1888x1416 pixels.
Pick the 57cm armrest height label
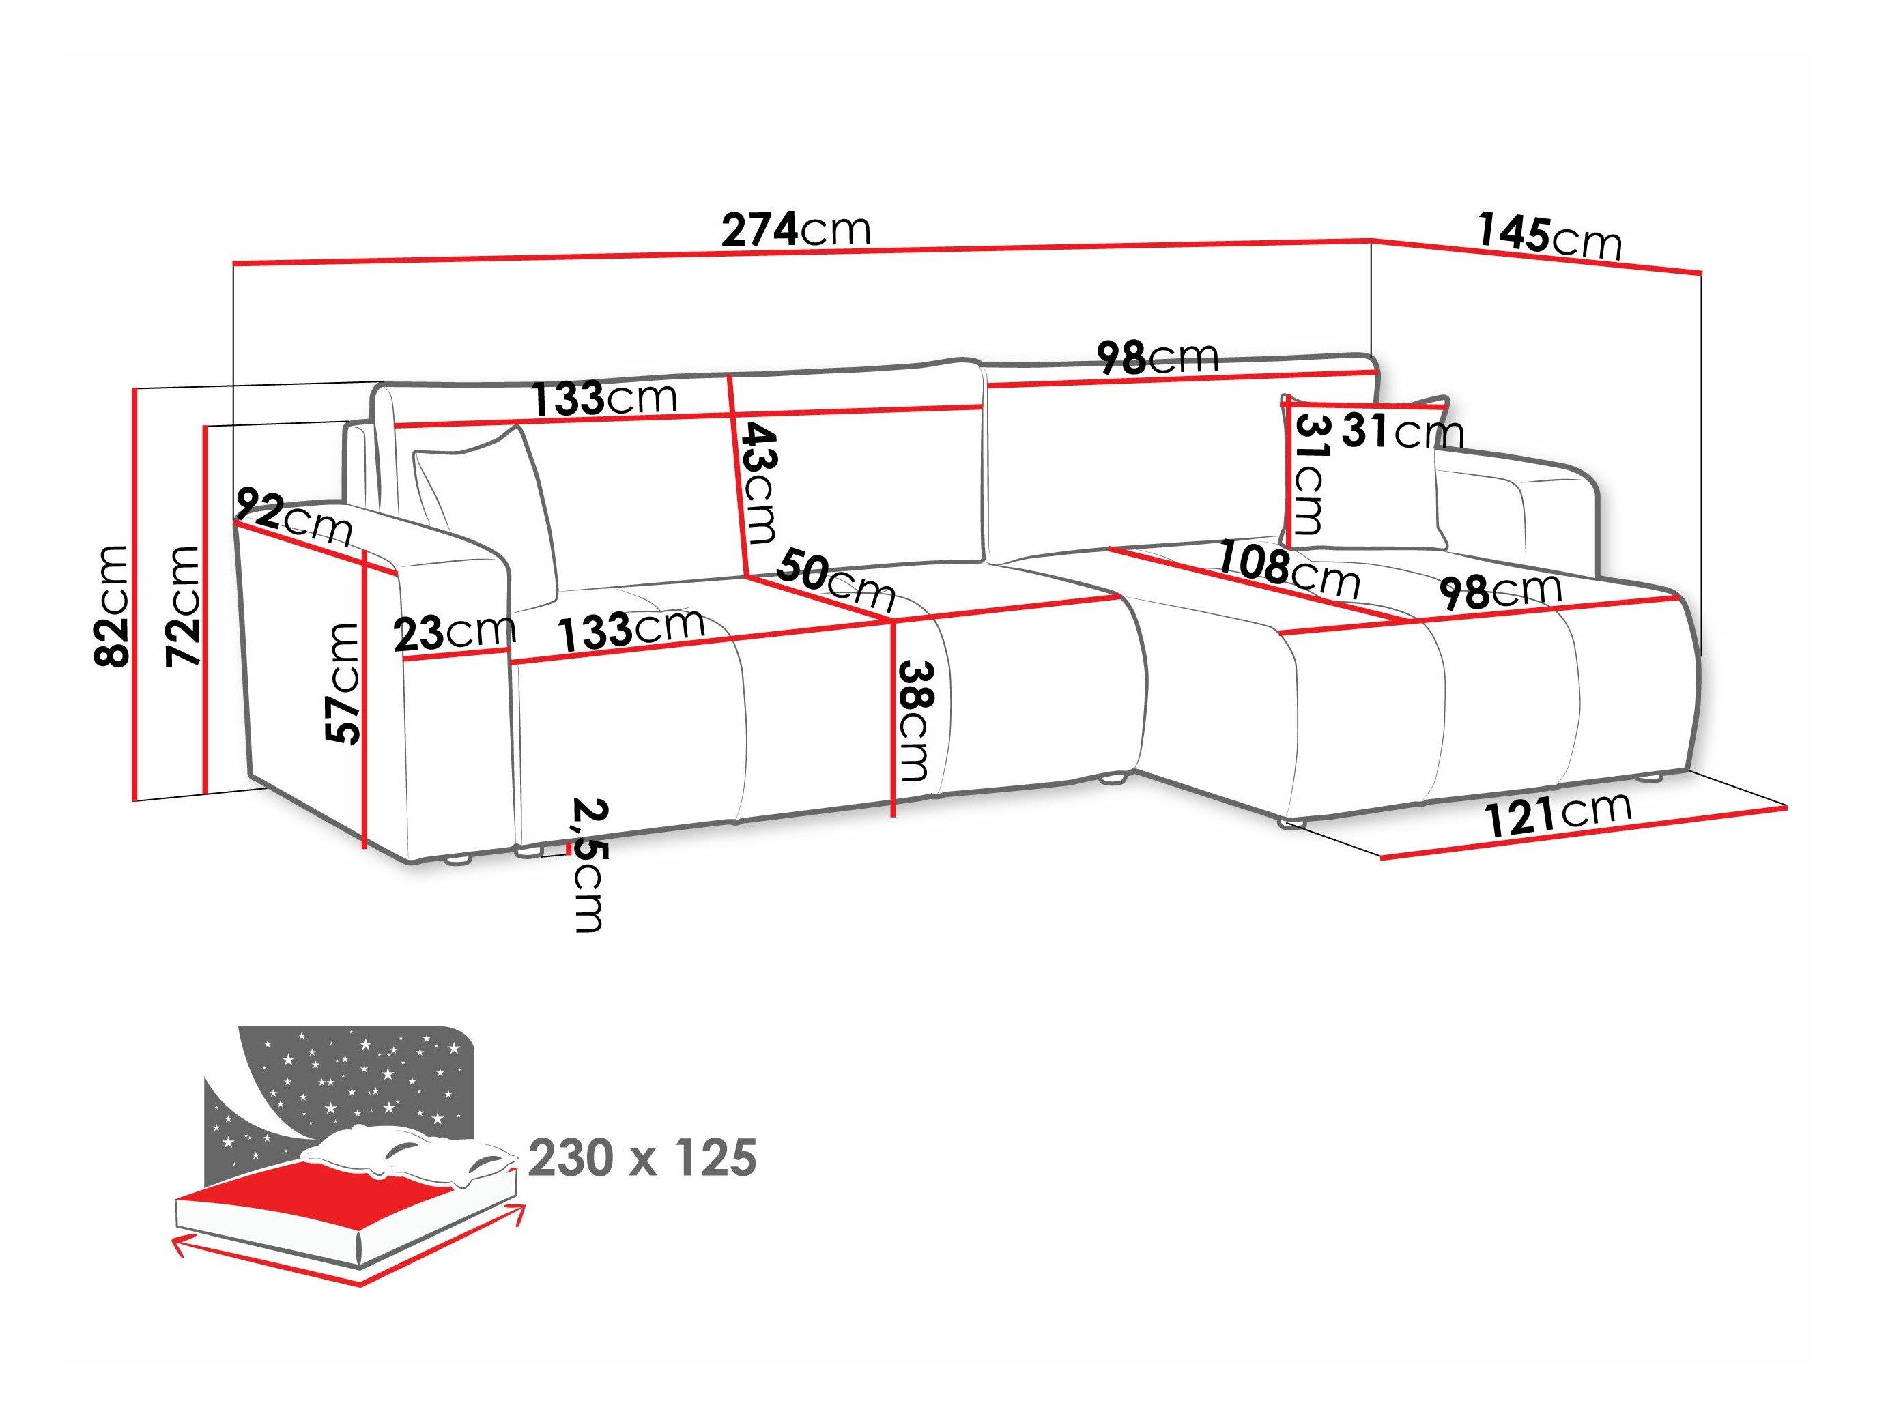point(343,683)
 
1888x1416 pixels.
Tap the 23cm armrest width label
point(454,633)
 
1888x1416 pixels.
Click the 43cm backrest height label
point(758,483)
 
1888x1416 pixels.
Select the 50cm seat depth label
point(835,578)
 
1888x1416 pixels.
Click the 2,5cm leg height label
point(588,864)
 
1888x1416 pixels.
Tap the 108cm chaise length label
point(1287,568)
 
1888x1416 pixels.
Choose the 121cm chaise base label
point(1557,813)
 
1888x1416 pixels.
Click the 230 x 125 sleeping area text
point(642,1158)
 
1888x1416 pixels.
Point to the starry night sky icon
point(358,1075)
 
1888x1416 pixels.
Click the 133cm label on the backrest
point(604,399)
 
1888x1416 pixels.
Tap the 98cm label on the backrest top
point(1158,357)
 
